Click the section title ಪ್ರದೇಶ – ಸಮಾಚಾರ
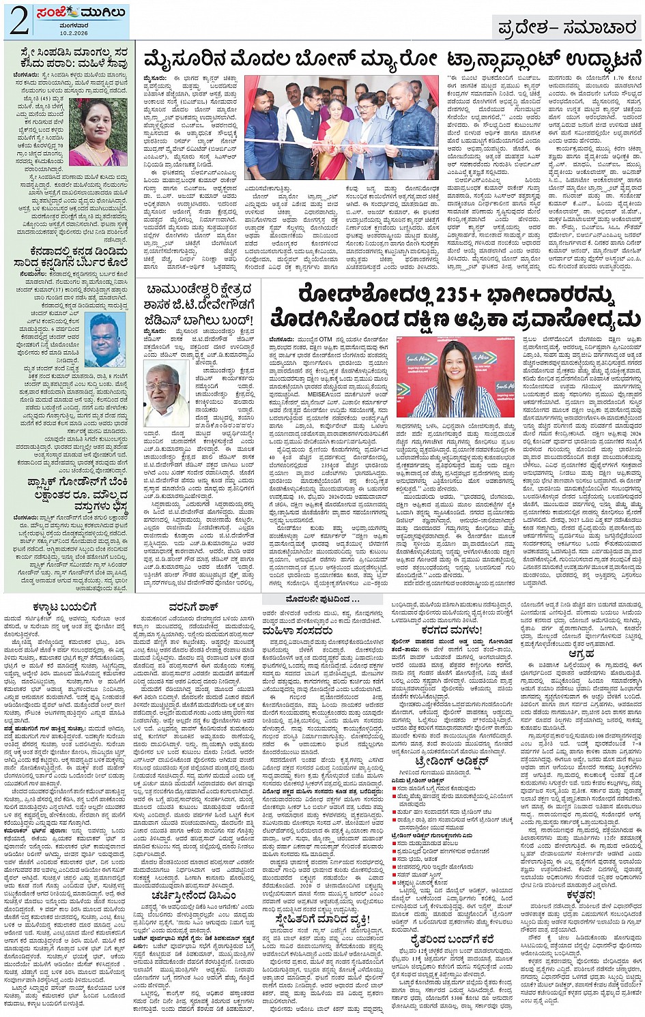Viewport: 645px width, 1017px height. [567, 28]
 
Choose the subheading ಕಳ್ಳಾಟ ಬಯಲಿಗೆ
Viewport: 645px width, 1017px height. [66, 606]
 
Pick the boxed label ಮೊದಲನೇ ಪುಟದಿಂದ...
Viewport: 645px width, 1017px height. [321, 599]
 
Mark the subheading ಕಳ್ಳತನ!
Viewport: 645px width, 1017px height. [580, 894]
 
